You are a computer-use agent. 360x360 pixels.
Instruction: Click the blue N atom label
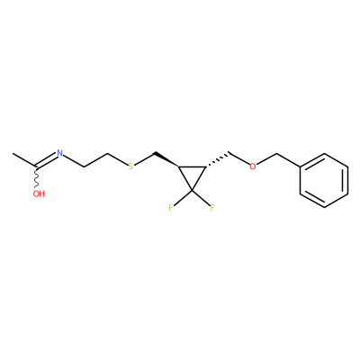click(60, 153)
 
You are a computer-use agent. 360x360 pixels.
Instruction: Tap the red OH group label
click(39, 193)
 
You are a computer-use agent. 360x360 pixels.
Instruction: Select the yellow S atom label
click(130, 166)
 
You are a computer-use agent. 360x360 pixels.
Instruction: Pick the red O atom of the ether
click(253, 166)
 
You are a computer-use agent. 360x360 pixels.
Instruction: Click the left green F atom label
click(170, 207)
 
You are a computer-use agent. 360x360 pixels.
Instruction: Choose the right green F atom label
click(212, 207)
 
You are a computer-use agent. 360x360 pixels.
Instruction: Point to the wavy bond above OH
click(37, 177)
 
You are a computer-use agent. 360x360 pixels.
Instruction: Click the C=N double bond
click(47, 160)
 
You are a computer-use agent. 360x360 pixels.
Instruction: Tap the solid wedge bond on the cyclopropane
click(166, 159)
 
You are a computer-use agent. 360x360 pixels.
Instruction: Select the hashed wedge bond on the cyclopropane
click(218, 159)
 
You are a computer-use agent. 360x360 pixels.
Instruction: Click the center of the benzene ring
click(324, 180)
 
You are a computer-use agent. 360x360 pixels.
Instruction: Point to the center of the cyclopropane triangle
click(192, 175)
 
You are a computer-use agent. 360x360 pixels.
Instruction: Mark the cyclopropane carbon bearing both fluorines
click(192, 190)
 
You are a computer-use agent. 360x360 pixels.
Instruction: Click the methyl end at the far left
click(13, 154)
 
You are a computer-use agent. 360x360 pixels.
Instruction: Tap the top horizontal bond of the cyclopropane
click(192, 166)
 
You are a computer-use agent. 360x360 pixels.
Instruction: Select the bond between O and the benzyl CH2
click(266, 159)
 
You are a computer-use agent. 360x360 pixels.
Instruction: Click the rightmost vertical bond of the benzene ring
click(347, 180)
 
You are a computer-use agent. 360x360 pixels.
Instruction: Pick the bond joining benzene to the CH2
click(288, 160)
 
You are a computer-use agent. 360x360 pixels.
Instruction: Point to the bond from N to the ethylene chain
click(74, 160)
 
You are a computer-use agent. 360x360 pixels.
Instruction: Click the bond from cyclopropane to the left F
click(183, 197)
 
